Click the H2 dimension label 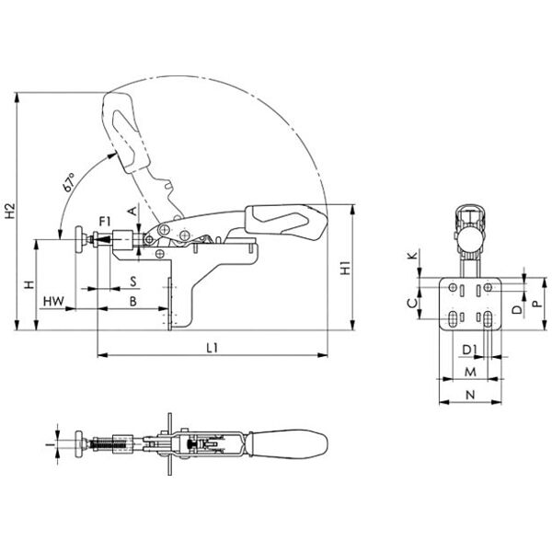point(10,211)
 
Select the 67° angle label point(70,181)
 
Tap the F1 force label point(105,222)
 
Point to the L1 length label point(213,348)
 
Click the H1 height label point(346,268)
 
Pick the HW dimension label point(54,302)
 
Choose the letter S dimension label point(133,282)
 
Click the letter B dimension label point(133,302)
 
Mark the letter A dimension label point(132,212)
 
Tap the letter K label point(413,255)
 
